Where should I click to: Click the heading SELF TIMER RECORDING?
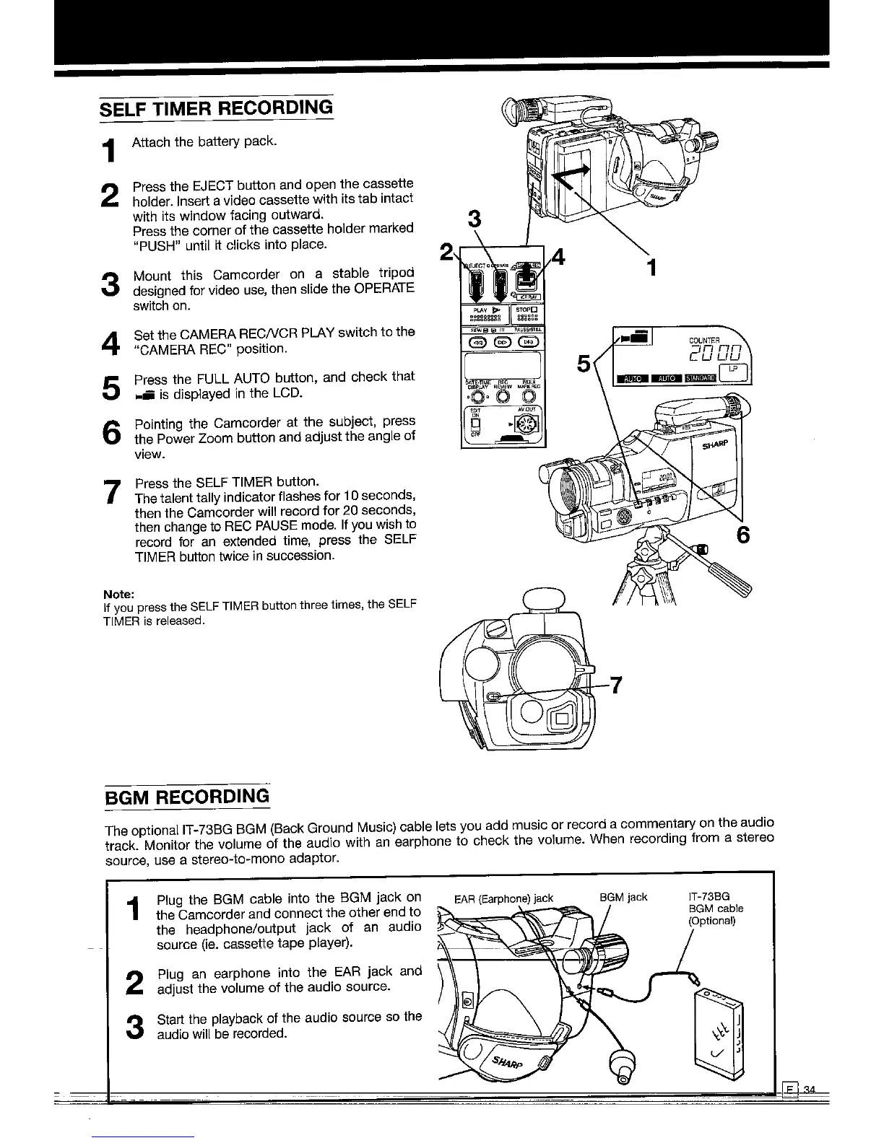217,108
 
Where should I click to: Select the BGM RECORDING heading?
187,797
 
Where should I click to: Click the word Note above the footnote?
119,594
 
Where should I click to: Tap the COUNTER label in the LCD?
704,341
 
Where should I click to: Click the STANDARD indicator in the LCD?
701,377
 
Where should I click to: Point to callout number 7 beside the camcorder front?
616,684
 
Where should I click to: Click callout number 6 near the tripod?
742,535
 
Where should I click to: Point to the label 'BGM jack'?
623,898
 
